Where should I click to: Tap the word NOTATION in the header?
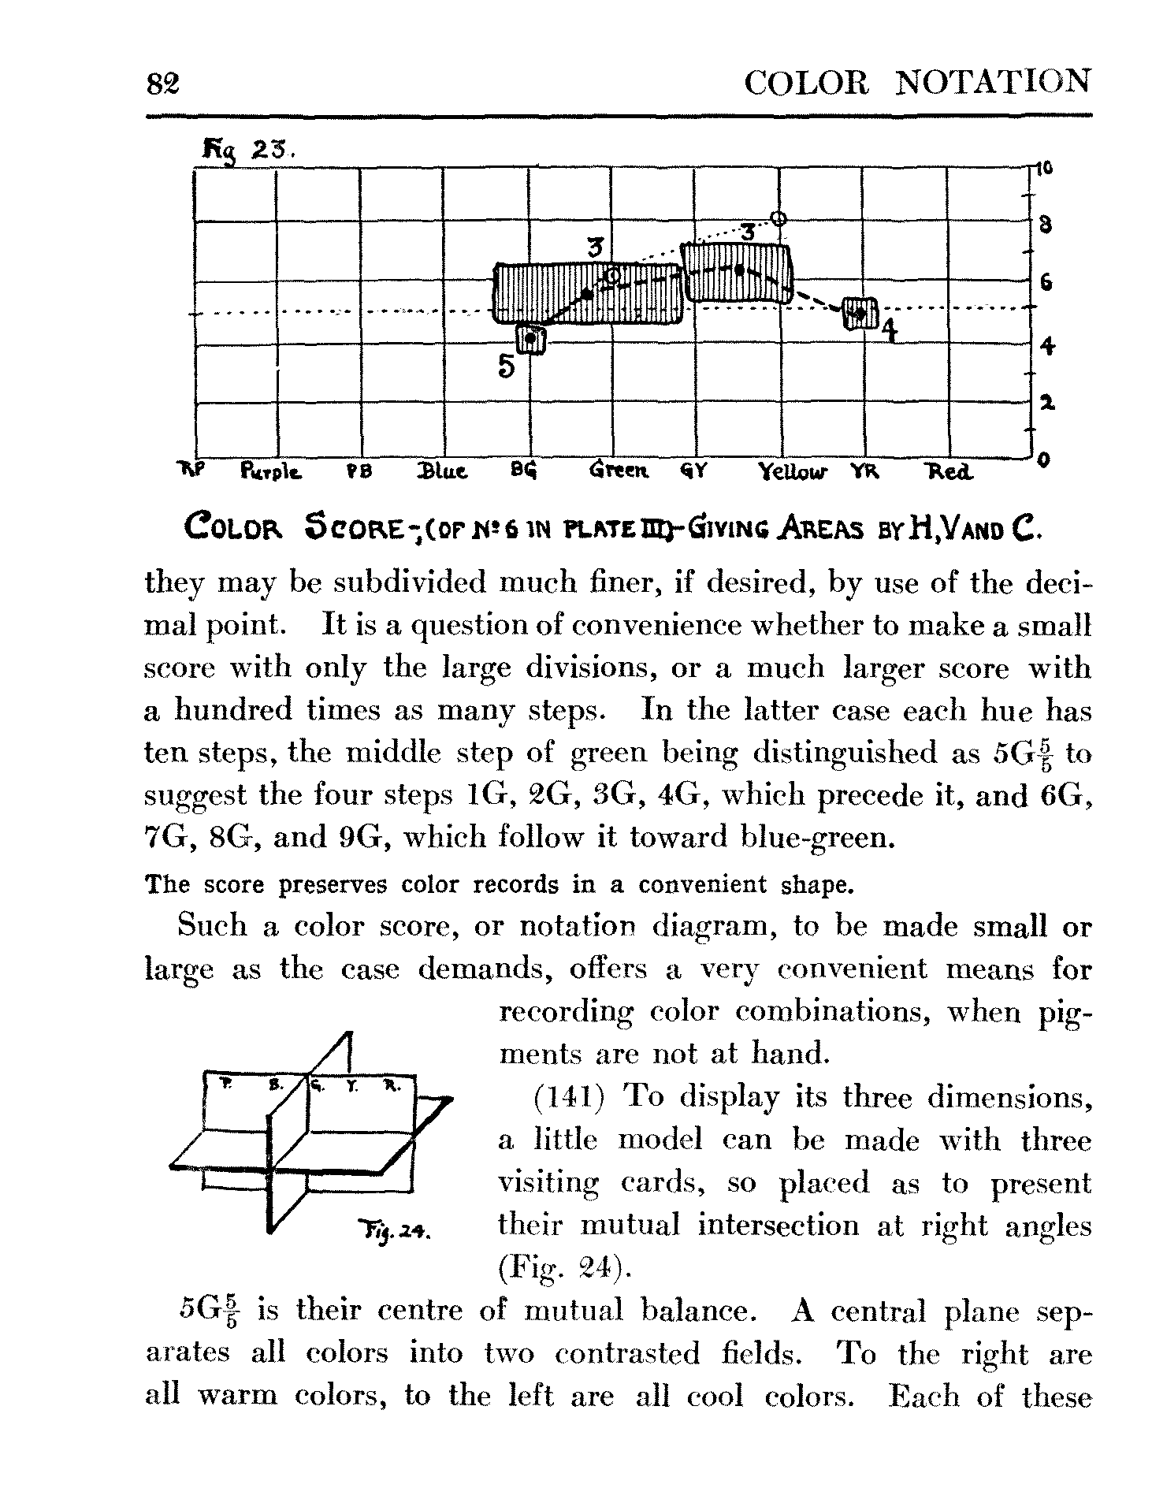click(x=994, y=82)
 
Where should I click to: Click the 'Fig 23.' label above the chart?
click(x=247, y=147)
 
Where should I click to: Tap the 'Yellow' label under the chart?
click(x=793, y=474)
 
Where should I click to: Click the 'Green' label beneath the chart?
click(x=618, y=473)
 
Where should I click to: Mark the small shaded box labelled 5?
click(x=531, y=340)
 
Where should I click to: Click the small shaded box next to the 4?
click(x=860, y=313)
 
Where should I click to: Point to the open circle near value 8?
click(x=779, y=218)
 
